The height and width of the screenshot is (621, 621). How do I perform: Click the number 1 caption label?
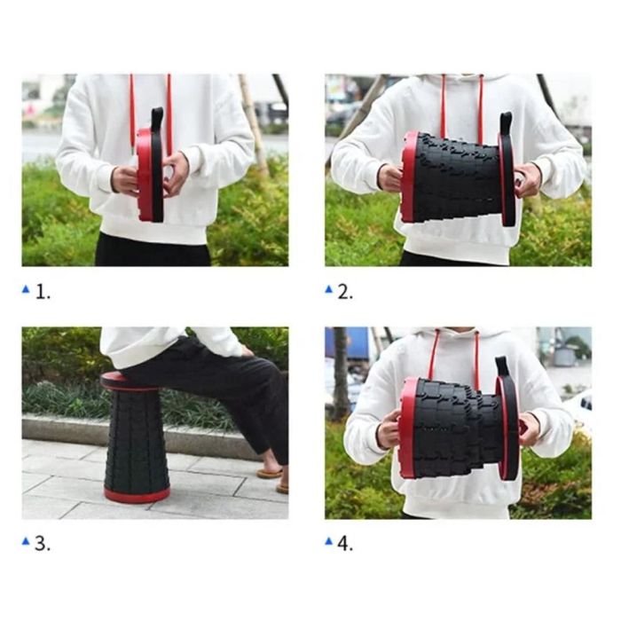click(43, 292)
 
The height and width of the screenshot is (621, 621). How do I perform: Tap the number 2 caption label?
click(345, 292)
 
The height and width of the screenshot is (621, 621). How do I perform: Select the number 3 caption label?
click(43, 544)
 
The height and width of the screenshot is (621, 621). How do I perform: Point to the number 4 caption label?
click(345, 544)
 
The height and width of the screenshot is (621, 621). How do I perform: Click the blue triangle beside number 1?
click(26, 289)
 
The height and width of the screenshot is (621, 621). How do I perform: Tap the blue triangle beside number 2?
click(329, 289)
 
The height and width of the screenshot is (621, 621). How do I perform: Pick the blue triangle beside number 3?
click(26, 540)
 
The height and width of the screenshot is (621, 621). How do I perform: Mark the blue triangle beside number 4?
click(329, 540)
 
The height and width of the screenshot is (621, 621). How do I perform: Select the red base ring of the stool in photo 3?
click(137, 494)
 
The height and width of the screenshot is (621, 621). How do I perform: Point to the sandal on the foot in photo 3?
click(270, 473)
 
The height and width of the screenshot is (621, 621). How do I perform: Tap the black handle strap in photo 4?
click(501, 367)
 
